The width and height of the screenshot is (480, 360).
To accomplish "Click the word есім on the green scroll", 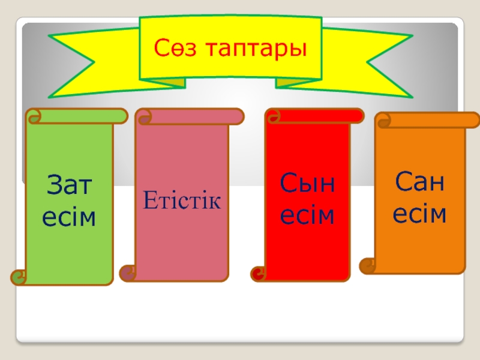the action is pos(68,217).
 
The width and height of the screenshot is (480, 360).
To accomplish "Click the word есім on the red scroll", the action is pos(308,215).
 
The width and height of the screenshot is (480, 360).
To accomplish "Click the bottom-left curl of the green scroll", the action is pos(20,277).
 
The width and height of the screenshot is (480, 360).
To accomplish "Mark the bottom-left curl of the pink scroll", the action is pos(128,274).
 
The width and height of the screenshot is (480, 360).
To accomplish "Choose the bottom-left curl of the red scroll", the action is pos(259,274).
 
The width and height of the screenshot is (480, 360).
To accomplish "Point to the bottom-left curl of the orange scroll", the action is pos(368,265).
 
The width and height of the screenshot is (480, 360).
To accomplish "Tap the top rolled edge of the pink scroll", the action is pos(189,116).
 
